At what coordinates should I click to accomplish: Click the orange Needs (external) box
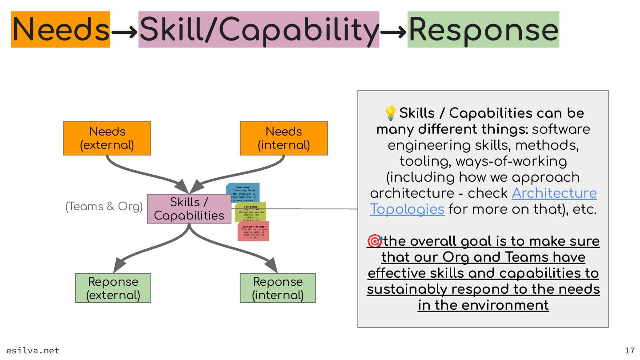pos(107,138)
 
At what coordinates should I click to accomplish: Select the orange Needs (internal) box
pos(284,138)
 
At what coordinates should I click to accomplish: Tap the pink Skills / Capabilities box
pos(189,208)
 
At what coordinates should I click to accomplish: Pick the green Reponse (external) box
pos(113,288)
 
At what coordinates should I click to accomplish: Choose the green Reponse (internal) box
pos(278,288)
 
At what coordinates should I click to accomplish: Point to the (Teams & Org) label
pos(104,207)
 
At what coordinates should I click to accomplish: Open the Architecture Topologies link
pos(554,193)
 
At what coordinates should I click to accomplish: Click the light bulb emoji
pos(390,113)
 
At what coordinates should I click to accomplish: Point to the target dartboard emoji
pos(375,241)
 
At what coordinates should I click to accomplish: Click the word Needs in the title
pos(61,29)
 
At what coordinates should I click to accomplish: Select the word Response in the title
pos(483,29)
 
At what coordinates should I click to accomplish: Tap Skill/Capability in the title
pos(259,29)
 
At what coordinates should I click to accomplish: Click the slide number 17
pos(629,350)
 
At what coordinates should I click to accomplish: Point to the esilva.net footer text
pos(33,350)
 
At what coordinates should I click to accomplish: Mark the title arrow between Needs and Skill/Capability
pos(124,31)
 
